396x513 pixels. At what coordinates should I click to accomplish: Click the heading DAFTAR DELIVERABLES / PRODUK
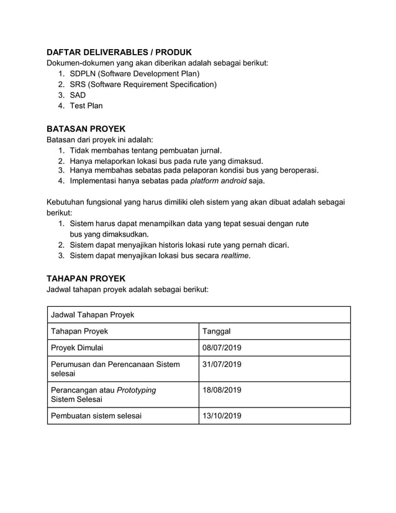tap(119, 52)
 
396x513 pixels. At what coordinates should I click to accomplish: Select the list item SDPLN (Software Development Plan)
tap(134, 74)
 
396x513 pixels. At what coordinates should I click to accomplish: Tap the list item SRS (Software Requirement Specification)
tap(143, 84)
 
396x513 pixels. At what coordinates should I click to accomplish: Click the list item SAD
tap(78, 95)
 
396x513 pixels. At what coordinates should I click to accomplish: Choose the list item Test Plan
tap(86, 106)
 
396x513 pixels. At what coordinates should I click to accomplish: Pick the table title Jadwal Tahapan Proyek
tap(92, 315)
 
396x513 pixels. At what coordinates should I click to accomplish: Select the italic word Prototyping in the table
tap(137, 390)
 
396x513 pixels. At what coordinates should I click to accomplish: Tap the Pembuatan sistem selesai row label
tap(96, 415)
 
